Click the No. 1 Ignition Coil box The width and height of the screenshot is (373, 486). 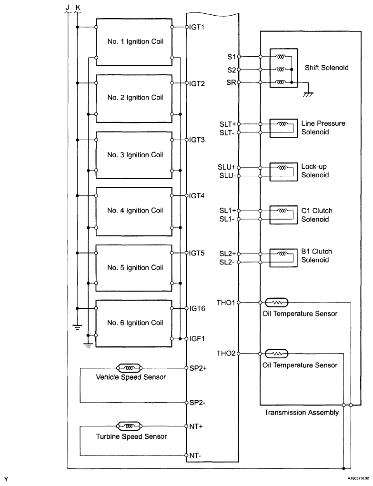pos(134,42)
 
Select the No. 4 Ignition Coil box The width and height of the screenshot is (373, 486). pos(134,210)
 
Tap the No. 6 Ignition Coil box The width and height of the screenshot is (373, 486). pos(134,323)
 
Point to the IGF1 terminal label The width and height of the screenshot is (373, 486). pos(197,338)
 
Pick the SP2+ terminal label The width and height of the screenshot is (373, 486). pos(198,368)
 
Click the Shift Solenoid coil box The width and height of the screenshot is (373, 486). pos(283,68)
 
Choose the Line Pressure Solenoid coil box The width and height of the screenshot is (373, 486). pos(283,128)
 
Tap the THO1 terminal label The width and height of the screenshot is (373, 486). pos(226,302)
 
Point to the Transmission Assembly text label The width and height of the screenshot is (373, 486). pos(301,413)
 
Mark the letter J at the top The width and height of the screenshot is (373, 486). pos(67,5)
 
